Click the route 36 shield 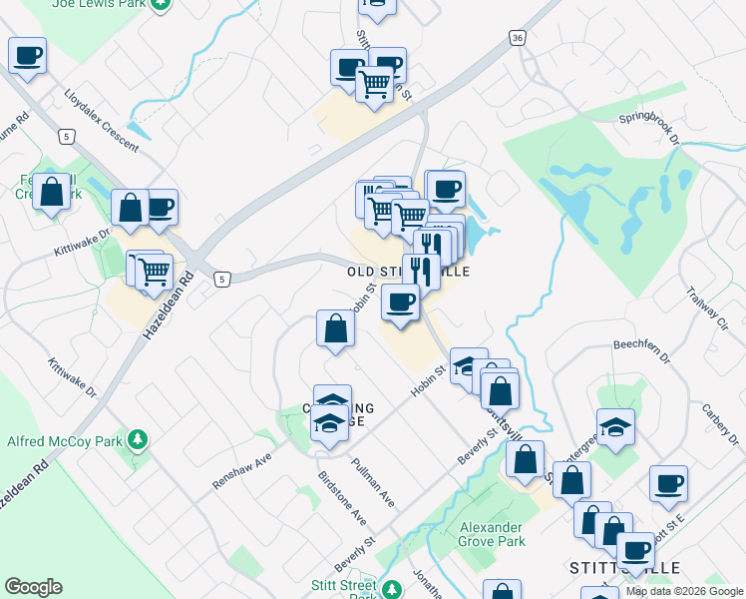[x=516, y=38]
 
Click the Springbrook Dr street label [x=648, y=127]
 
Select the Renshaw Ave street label [x=241, y=470]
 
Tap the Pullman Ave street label [x=373, y=481]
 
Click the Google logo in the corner [x=33, y=587]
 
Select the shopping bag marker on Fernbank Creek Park [x=51, y=190]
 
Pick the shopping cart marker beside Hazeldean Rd [x=153, y=271]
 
